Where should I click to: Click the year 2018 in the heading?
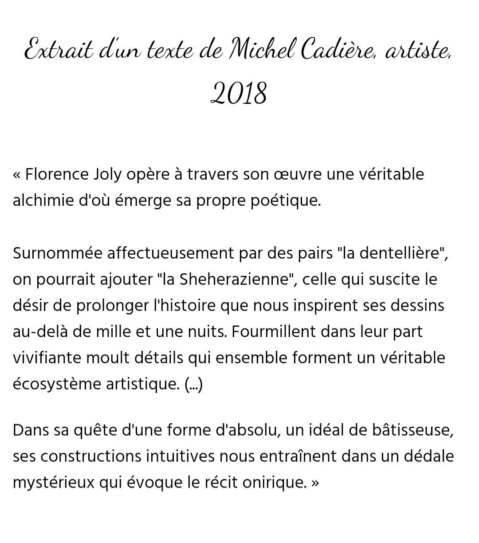tap(239, 94)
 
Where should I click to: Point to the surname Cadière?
tap(338, 51)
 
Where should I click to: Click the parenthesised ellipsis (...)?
tap(193, 384)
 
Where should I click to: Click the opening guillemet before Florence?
tap(16, 175)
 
